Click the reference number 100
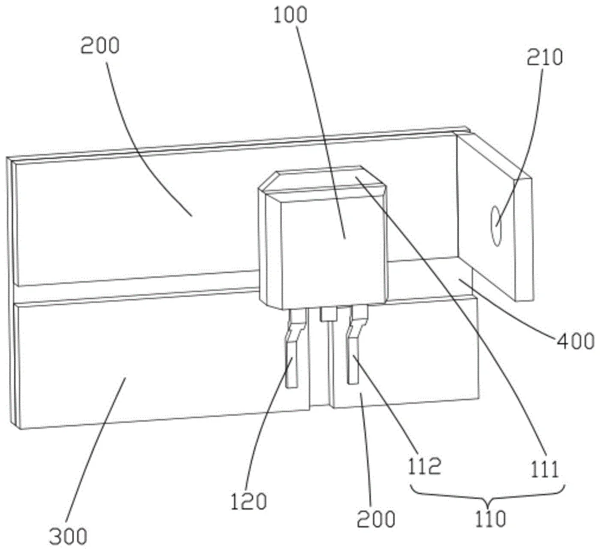290,16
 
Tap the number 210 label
545,58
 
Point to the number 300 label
68,535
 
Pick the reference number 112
424,466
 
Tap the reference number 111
545,469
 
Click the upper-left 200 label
100,46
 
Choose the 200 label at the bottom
376,519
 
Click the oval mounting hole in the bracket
496,226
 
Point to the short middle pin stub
328,314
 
